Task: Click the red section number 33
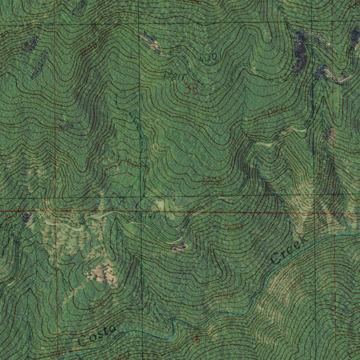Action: [192, 90]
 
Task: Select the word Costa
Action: [97, 334]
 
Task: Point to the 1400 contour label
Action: [276, 112]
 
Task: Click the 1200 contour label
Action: [212, 181]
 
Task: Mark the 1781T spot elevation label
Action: [175, 76]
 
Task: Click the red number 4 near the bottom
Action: [196, 339]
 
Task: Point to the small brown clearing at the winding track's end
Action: [179, 248]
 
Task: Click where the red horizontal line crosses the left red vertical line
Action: [56, 211]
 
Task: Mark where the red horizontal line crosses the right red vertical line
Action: [334, 212]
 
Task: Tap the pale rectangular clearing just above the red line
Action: [160, 204]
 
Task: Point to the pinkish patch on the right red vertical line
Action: [331, 133]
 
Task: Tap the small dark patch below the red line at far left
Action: [27, 217]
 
